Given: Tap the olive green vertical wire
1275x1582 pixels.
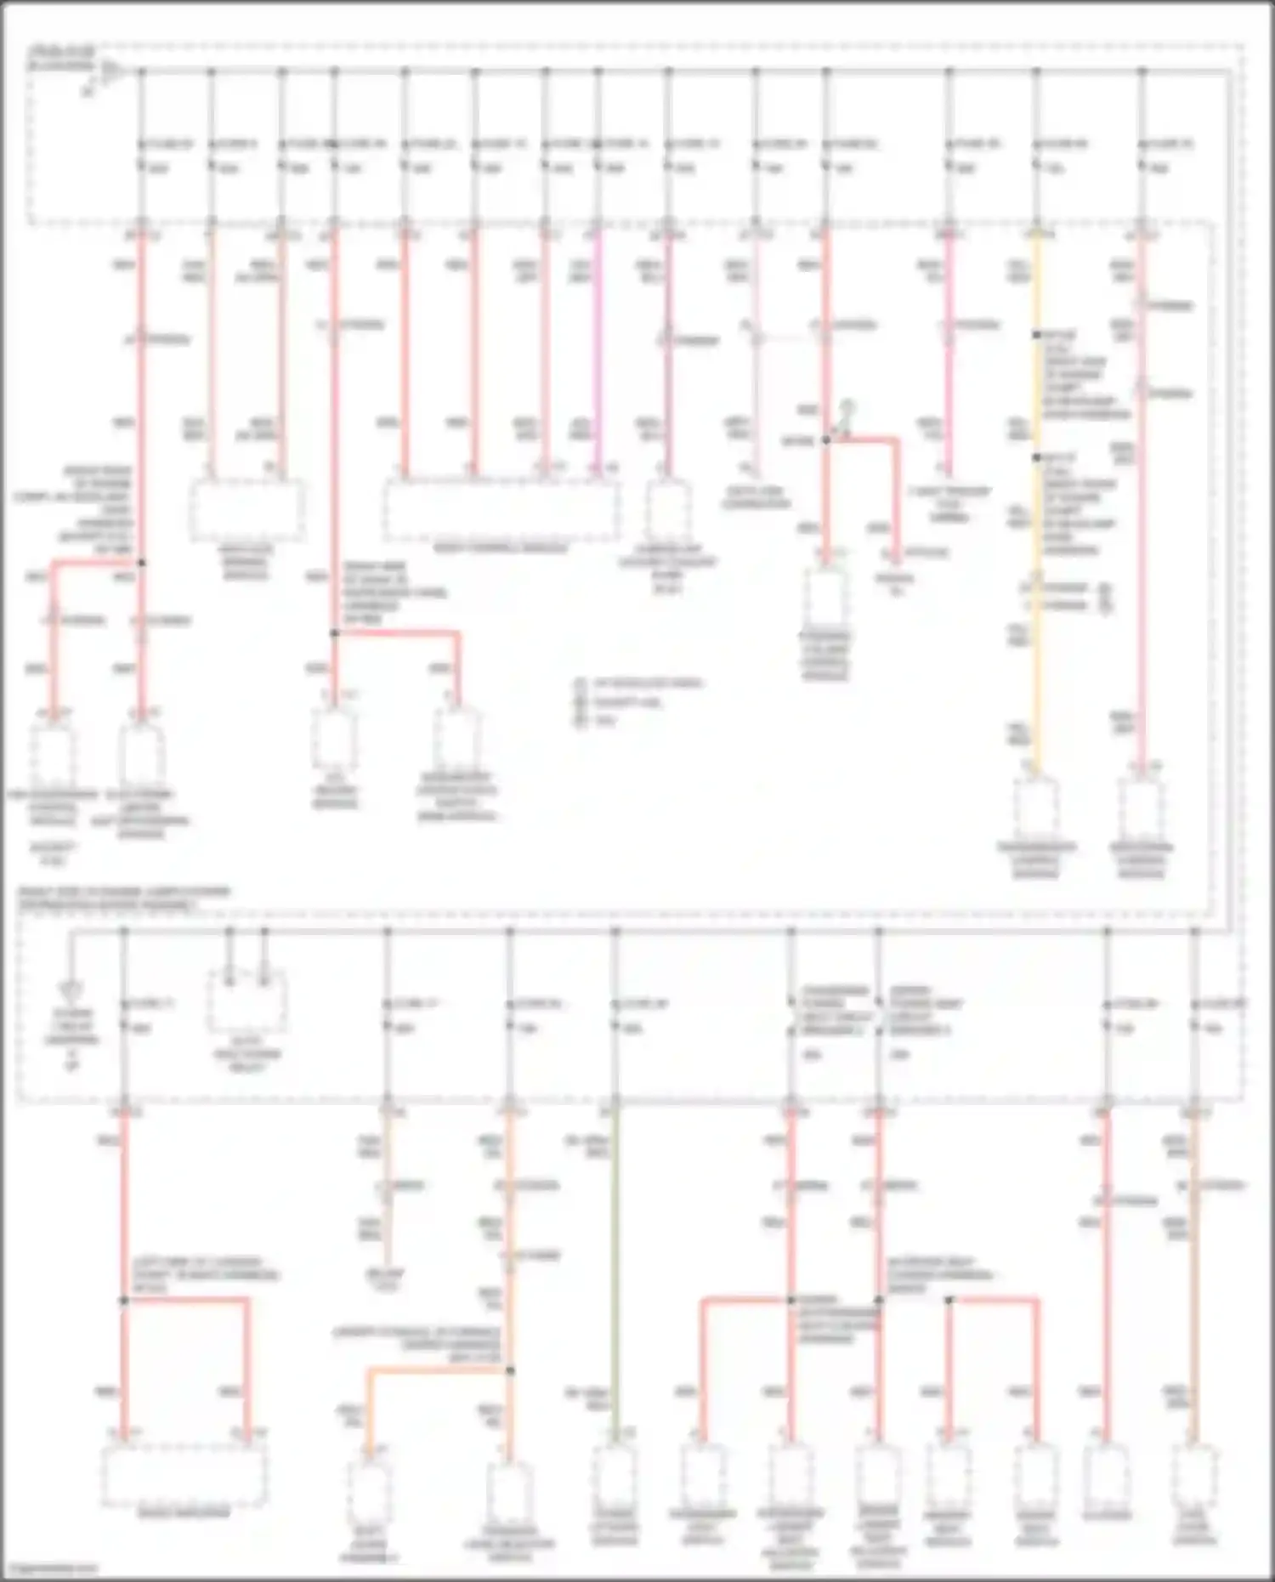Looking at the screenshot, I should (x=615, y=1275).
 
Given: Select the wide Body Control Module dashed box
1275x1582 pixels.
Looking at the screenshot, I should (x=501, y=509).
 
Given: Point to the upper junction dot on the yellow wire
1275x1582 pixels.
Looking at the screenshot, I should (x=1036, y=335).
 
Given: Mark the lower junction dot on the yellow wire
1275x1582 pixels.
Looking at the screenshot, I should (x=1036, y=457).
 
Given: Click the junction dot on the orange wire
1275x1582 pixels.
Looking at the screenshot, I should (x=510, y=1370).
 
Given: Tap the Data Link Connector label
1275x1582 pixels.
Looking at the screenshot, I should (x=756, y=498).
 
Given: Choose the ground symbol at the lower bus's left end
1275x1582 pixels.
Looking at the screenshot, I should (x=71, y=990).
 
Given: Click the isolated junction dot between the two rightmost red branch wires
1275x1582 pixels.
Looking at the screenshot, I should (x=949, y=1300).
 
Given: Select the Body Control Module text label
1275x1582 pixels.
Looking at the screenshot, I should (x=501, y=549).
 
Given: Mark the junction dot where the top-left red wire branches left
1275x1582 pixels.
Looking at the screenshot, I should (x=141, y=563).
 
